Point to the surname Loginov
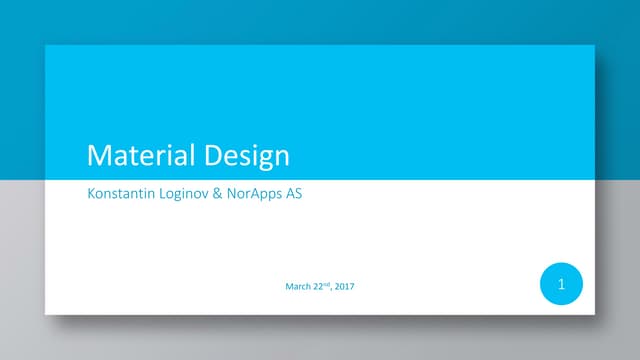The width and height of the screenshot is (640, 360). [189, 194]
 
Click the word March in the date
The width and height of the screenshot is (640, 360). [298, 288]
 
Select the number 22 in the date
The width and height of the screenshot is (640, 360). [317, 288]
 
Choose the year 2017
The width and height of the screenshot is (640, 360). [344, 288]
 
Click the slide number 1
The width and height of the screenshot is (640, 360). [561, 285]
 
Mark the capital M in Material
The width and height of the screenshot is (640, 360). [98, 156]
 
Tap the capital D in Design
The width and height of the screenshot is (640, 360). [214, 156]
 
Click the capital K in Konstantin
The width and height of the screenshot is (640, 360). [91, 194]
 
